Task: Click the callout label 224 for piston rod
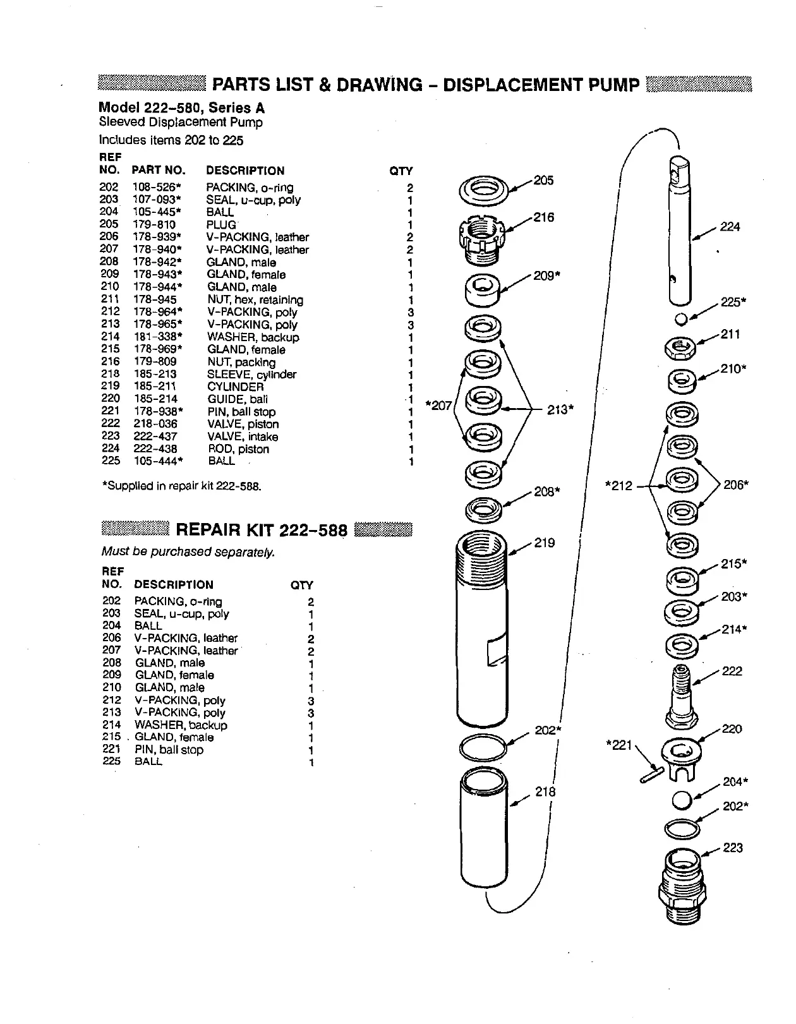pyautogui.click(x=730, y=227)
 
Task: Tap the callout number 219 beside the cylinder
pyautogui.click(x=545, y=543)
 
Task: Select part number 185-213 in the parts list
pyautogui.click(x=155, y=374)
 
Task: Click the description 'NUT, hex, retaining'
pyautogui.click(x=255, y=300)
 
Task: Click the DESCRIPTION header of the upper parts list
pyautogui.click(x=245, y=171)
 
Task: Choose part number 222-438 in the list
pyautogui.click(x=155, y=449)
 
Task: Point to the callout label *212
pyautogui.click(x=618, y=486)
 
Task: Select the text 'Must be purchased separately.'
pyautogui.click(x=188, y=552)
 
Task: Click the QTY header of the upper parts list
pyautogui.click(x=401, y=171)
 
